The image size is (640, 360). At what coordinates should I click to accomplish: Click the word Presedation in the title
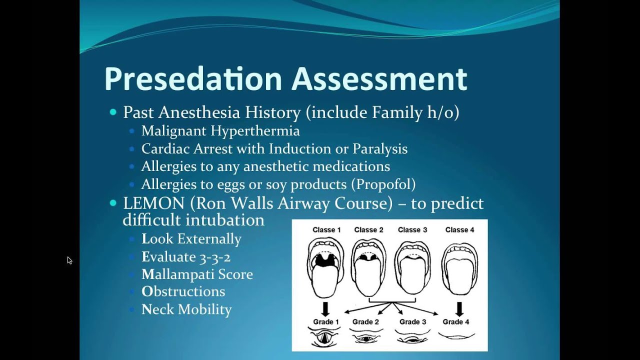(x=193, y=78)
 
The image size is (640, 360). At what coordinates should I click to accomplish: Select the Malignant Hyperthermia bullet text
(x=220, y=131)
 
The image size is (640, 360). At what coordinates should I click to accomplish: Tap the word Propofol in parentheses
(x=383, y=184)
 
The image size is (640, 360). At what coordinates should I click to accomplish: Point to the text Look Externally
(x=191, y=239)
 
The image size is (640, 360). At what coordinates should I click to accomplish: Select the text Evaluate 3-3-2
(x=186, y=257)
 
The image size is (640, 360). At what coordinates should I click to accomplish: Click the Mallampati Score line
(x=197, y=274)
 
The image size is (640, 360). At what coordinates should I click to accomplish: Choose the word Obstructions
(x=183, y=291)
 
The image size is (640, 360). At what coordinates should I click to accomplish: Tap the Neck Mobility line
(x=186, y=309)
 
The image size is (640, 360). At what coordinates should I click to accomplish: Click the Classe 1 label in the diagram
(x=326, y=230)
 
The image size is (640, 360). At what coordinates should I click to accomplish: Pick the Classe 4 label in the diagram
(x=459, y=230)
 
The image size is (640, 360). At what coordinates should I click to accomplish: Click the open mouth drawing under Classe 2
(x=368, y=267)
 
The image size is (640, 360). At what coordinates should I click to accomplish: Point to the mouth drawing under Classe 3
(x=412, y=267)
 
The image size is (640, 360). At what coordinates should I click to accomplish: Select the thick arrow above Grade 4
(x=459, y=308)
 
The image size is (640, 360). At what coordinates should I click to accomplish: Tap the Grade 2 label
(x=365, y=322)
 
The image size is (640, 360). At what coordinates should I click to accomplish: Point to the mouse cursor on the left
(x=69, y=260)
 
